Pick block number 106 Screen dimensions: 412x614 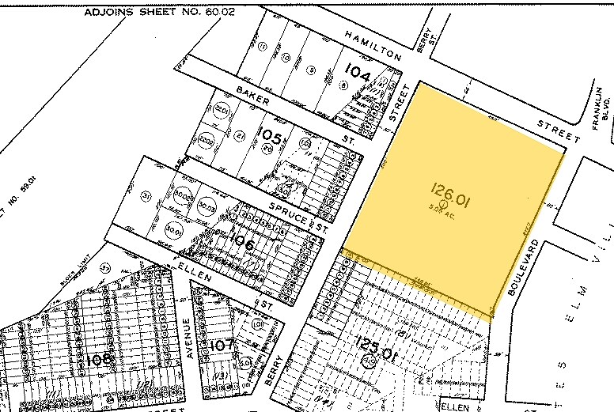point(240,245)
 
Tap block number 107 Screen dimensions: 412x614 point(222,345)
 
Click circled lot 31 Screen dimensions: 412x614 point(146,196)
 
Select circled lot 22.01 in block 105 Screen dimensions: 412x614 point(222,110)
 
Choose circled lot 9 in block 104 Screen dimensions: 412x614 point(311,70)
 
